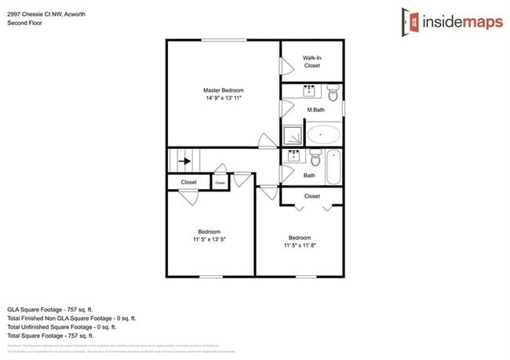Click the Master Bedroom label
tap(223, 90)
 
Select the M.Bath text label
tap(316, 110)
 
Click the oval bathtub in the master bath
tap(324, 133)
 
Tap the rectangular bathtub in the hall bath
tap(333, 165)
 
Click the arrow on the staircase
tap(185, 162)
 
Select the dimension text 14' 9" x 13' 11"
tap(223, 99)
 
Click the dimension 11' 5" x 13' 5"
tap(209, 239)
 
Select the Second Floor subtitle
tap(25, 23)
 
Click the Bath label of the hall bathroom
tap(309, 176)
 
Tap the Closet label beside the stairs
tap(188, 182)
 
